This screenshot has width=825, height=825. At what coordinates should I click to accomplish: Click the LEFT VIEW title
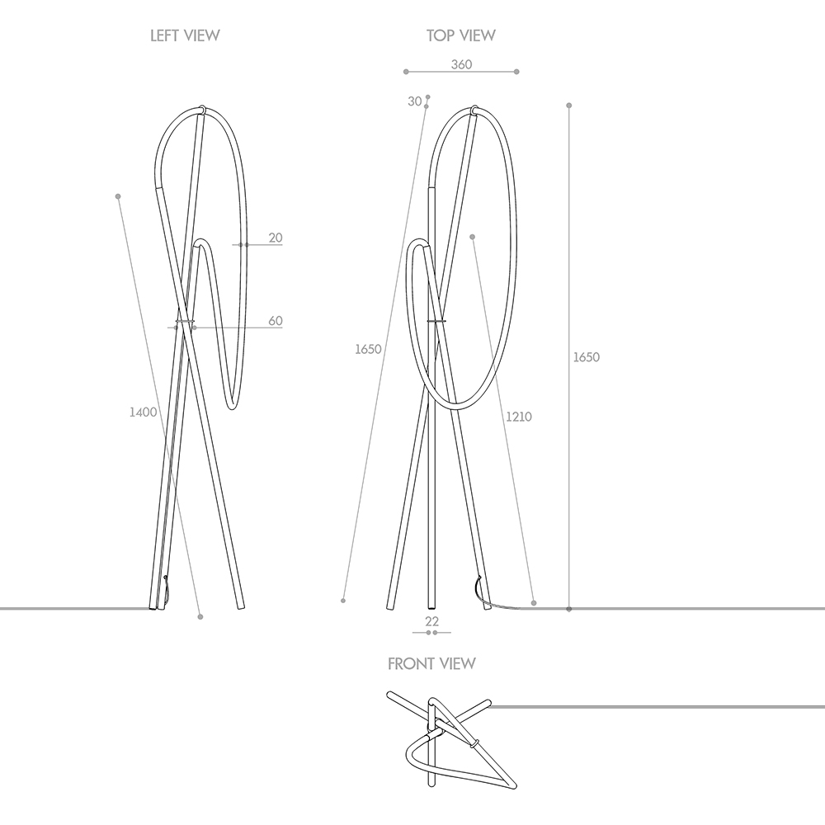[x=185, y=35]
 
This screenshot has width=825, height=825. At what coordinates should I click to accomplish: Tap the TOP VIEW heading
[x=461, y=35]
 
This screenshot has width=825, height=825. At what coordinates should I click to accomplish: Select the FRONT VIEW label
[x=431, y=663]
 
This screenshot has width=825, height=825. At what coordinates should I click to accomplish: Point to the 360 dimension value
[x=461, y=64]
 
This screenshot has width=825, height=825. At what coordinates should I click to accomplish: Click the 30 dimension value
[x=415, y=101]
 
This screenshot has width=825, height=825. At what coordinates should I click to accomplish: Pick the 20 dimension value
[x=276, y=238]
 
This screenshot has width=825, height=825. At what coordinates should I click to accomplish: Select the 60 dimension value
[x=276, y=320]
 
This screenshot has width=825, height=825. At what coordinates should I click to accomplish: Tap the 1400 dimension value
[x=143, y=412]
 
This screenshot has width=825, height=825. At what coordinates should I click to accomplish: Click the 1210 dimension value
[x=518, y=417]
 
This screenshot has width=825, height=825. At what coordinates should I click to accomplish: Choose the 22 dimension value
[x=431, y=621]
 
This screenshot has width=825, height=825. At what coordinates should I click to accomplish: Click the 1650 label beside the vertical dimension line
[x=586, y=357]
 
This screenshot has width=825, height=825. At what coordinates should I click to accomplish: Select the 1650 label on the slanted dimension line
[x=368, y=349]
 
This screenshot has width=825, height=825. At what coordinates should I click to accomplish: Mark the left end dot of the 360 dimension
[x=406, y=72]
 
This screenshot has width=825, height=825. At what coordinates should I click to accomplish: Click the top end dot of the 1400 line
[x=118, y=196]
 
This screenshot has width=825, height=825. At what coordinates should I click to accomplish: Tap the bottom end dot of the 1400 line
[x=200, y=616]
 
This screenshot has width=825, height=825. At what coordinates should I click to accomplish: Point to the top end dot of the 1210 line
[x=472, y=237]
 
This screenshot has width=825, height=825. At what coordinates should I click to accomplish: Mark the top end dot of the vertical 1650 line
[x=568, y=106]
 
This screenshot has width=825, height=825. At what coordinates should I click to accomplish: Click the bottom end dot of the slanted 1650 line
[x=342, y=601]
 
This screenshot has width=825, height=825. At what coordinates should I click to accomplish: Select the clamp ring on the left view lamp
[x=186, y=322]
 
